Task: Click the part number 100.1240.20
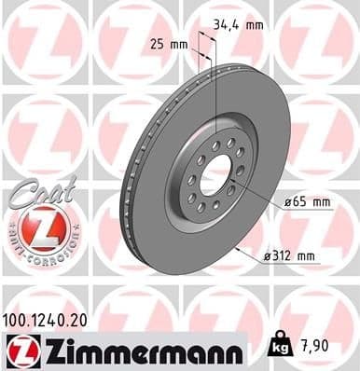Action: tap(53, 318)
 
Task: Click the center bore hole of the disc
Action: tap(215, 174)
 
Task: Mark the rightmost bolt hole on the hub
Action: tap(242, 168)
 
